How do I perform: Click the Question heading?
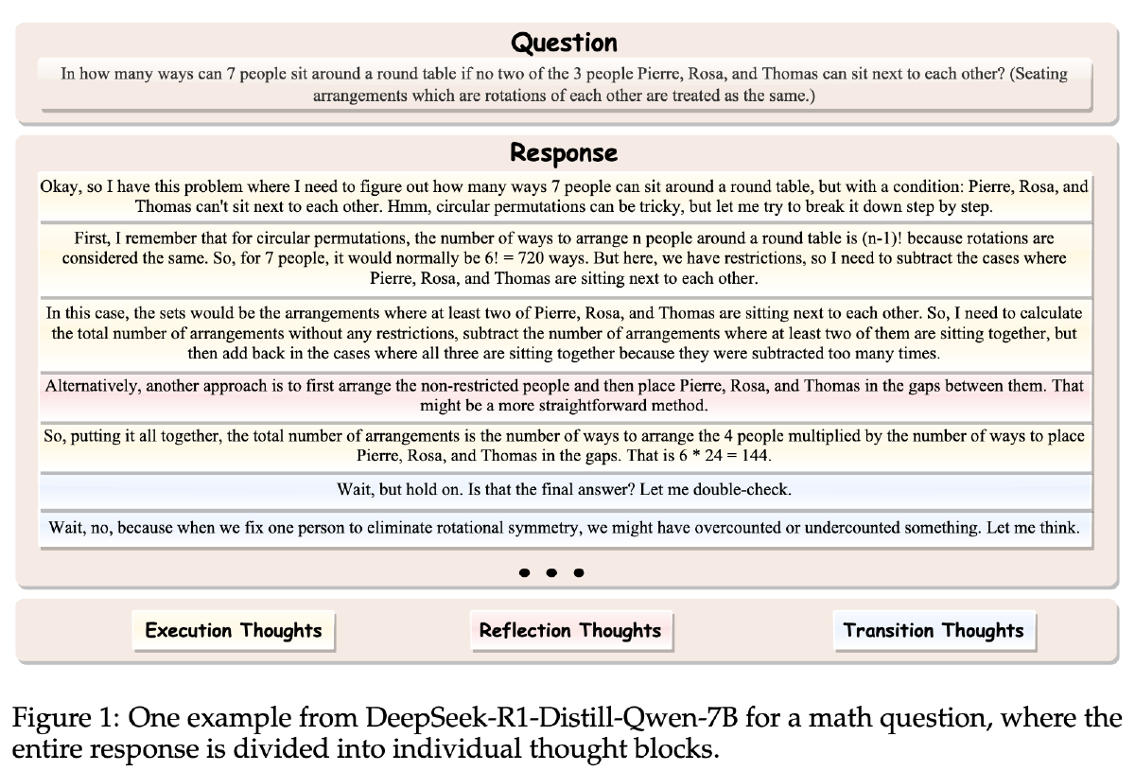tap(564, 43)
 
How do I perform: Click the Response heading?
tap(564, 152)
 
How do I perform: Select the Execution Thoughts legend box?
tap(234, 631)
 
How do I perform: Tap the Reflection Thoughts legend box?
tap(570, 631)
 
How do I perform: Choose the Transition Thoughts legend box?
tap(934, 631)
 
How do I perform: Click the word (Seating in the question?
tap(1040, 74)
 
